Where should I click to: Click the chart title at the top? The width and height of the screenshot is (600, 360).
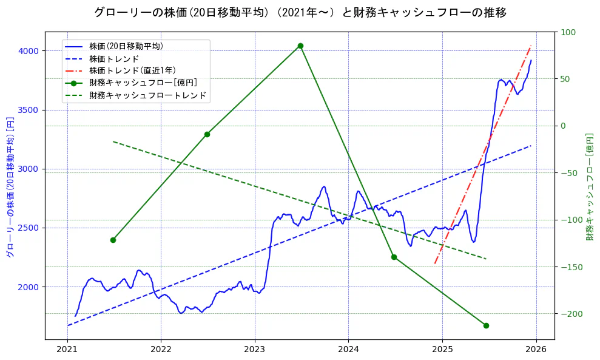pyautogui.click(x=300, y=12)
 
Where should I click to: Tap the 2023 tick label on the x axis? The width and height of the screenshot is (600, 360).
pyautogui.click(x=254, y=350)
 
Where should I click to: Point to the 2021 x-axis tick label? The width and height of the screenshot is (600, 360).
pyautogui.click(x=67, y=350)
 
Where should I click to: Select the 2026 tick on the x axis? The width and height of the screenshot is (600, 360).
pyautogui.click(x=536, y=350)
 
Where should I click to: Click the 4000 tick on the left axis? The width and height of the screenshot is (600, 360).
pyautogui.click(x=29, y=51)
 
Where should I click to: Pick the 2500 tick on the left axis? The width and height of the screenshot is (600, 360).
pyautogui.click(x=29, y=228)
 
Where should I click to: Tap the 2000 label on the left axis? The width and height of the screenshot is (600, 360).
pyautogui.click(x=29, y=287)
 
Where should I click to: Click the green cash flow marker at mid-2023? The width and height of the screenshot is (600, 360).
pyautogui.click(x=300, y=46)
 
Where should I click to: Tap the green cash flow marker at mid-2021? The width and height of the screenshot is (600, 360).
pyautogui.click(x=113, y=240)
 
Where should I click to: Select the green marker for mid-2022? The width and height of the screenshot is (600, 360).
pyautogui.click(x=207, y=134)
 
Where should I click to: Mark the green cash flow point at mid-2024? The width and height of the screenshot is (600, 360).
pyautogui.click(x=394, y=257)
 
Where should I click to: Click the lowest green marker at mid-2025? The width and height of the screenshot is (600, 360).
pyautogui.click(x=486, y=325)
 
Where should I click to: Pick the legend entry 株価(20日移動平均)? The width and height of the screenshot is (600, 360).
pyautogui.click(x=126, y=46)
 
